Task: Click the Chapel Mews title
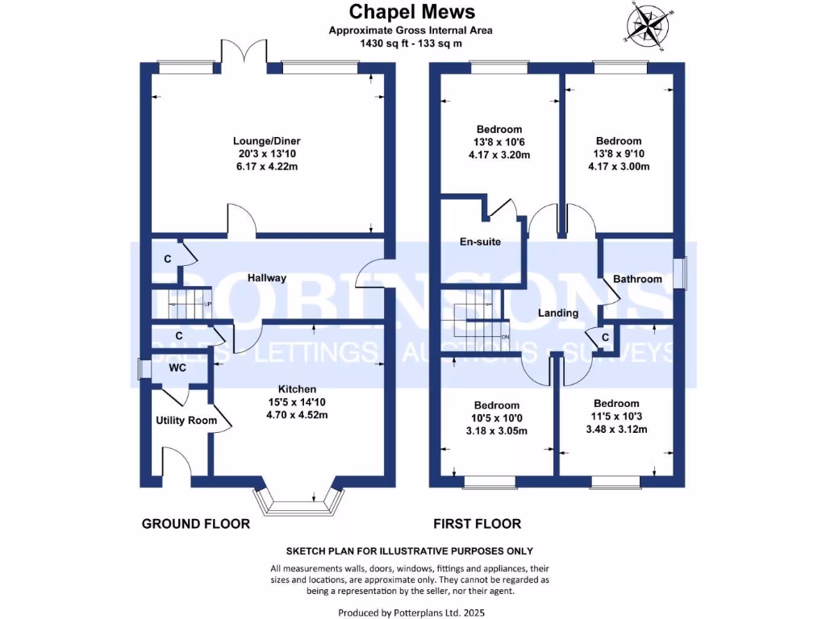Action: pos(411,12)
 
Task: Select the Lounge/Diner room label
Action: pos(267,141)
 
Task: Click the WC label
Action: pos(177,368)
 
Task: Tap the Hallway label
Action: pos(267,278)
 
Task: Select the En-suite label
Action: pos(481,241)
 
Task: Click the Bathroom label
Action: pos(637,279)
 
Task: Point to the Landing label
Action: pos(558,313)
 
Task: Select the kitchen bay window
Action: pos(294,502)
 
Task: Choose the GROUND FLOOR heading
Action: pos(196,524)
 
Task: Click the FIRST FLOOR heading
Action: pos(477,524)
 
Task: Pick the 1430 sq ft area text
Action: pos(411,44)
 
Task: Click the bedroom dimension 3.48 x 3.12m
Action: pos(616,430)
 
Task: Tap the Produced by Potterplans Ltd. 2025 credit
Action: pos(411,613)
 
